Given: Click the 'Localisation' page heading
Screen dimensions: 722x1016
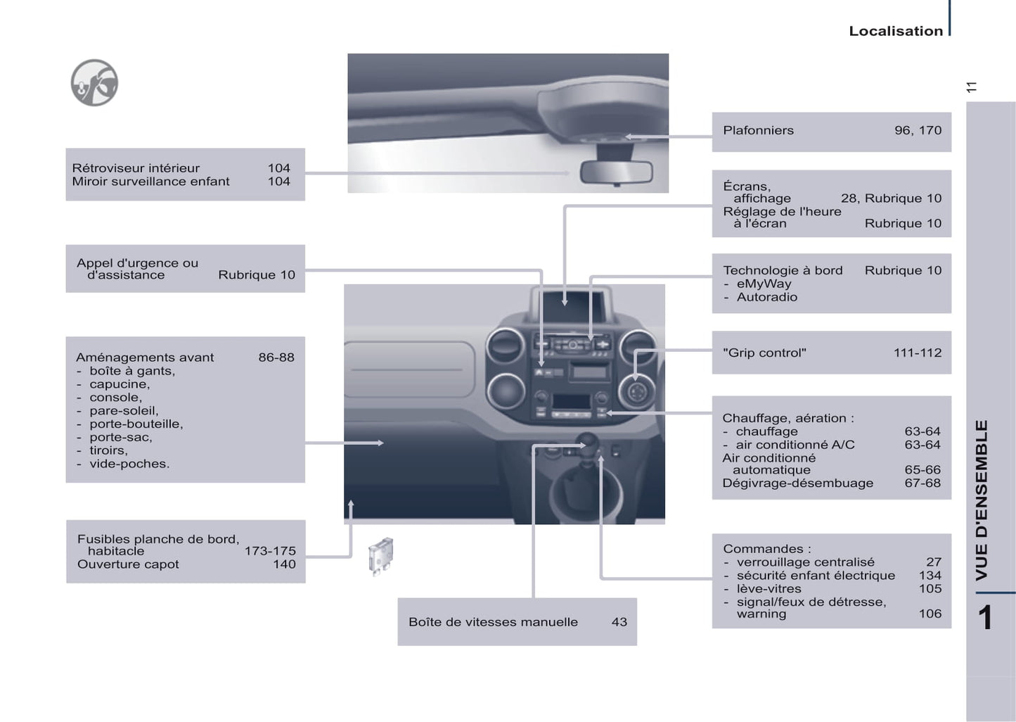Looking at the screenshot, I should (x=895, y=31).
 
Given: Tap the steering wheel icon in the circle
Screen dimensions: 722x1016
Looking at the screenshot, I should (x=94, y=82).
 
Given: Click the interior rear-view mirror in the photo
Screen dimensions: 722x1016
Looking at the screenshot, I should (x=616, y=172).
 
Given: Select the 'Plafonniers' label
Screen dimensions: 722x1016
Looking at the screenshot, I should (x=758, y=130).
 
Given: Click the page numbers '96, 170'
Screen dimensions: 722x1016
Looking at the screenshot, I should (x=918, y=130).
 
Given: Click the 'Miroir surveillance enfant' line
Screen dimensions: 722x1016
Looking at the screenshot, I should (x=150, y=182).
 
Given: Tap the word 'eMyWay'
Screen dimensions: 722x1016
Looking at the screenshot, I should (x=764, y=284).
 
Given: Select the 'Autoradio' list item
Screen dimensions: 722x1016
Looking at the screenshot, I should (x=766, y=297).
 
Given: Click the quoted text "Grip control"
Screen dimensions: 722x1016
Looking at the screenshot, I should (x=764, y=353).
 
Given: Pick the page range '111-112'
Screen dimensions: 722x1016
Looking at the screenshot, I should (x=917, y=353).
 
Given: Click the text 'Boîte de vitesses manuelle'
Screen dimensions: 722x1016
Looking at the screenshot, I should (x=493, y=622).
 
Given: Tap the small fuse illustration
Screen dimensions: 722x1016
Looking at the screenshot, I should (x=380, y=556).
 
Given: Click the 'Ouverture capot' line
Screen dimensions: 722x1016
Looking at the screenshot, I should (x=128, y=564).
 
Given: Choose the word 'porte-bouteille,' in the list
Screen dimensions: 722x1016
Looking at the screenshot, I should (x=136, y=424).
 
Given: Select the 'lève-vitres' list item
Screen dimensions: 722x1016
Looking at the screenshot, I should (x=769, y=589).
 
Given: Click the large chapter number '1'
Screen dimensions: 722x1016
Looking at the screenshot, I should (x=985, y=618).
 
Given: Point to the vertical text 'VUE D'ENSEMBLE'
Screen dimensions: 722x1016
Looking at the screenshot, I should (x=982, y=500).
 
